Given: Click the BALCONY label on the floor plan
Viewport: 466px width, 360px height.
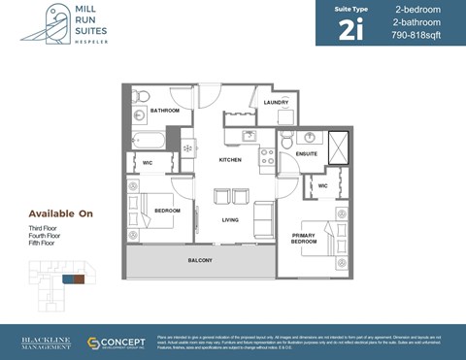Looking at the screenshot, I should pos(199,261).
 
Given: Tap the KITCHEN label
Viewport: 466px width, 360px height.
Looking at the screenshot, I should pos(230,160).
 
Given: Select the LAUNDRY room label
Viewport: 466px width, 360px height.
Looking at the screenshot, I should pos(276,102).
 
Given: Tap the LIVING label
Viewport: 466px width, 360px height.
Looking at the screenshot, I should pos(230,220).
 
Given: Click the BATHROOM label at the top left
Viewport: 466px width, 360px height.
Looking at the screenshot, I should pos(164,111).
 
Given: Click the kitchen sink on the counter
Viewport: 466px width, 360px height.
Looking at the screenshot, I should pos(248,137).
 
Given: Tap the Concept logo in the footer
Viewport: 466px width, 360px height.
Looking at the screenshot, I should pos(116,344).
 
